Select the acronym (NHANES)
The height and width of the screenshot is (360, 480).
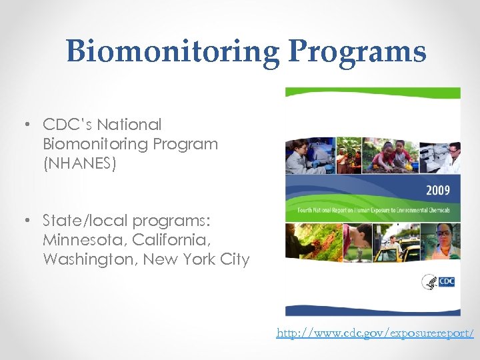point(79,163)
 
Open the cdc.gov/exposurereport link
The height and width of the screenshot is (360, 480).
point(375,333)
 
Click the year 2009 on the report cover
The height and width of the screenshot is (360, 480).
point(437,191)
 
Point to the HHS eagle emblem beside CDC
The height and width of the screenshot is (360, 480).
point(429,282)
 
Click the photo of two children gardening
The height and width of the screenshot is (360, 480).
point(391,156)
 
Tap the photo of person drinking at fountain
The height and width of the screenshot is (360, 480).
point(356,241)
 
